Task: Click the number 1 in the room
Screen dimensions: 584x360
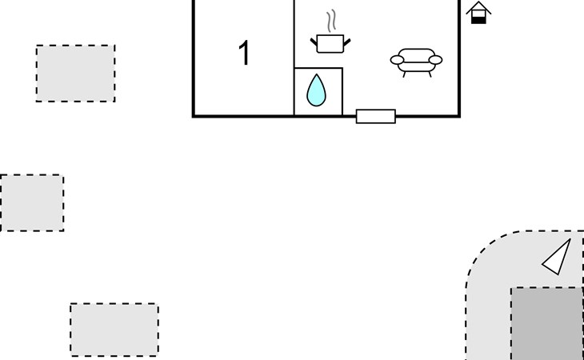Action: [x=244, y=53]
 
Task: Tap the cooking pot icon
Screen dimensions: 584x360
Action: [x=330, y=43]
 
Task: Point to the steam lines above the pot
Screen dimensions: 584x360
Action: [x=331, y=21]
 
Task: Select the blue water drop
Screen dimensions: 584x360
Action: [x=316, y=90]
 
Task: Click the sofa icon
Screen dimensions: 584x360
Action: [x=416, y=62]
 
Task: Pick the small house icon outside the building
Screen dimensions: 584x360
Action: [x=478, y=13]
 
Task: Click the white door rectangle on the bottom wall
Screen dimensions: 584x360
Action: [x=376, y=116]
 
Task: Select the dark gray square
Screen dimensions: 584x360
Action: [x=547, y=323]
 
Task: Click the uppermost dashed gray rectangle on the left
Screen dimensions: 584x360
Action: [x=76, y=74]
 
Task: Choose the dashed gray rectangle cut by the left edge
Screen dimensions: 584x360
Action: [x=32, y=203]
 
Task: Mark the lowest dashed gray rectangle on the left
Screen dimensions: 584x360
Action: [x=114, y=330]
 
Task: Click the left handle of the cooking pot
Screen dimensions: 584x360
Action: [x=314, y=42]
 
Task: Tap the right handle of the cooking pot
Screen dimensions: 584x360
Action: [x=347, y=42]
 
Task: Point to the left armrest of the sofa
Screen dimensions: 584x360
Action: [x=397, y=60]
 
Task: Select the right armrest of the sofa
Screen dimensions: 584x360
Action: [x=435, y=60]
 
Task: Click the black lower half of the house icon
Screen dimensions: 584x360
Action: [x=478, y=21]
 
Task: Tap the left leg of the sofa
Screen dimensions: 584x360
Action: [x=404, y=74]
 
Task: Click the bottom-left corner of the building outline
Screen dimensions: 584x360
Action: [x=194, y=117]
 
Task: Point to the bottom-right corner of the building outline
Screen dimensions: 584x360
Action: [x=460, y=117]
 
